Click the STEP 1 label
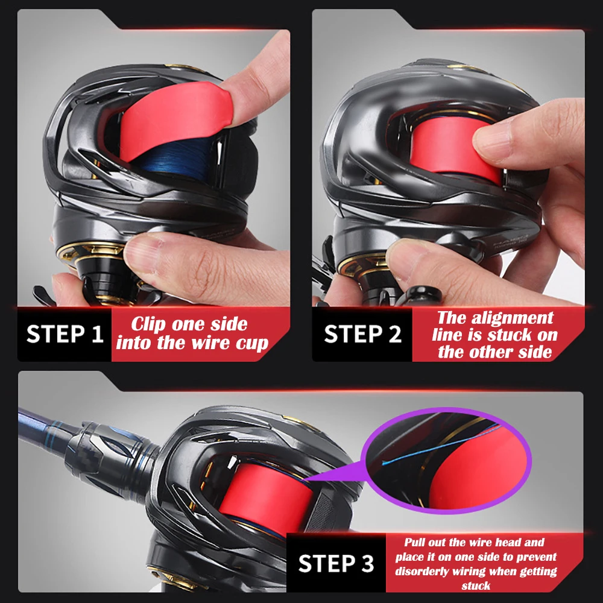(x=65, y=333)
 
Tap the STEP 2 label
(x=362, y=333)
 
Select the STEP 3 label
(x=336, y=563)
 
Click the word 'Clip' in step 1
(x=148, y=324)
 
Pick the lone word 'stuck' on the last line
(x=476, y=586)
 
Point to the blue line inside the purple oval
(x=442, y=444)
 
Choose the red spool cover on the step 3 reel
(x=265, y=496)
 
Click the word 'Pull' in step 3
(x=415, y=543)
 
